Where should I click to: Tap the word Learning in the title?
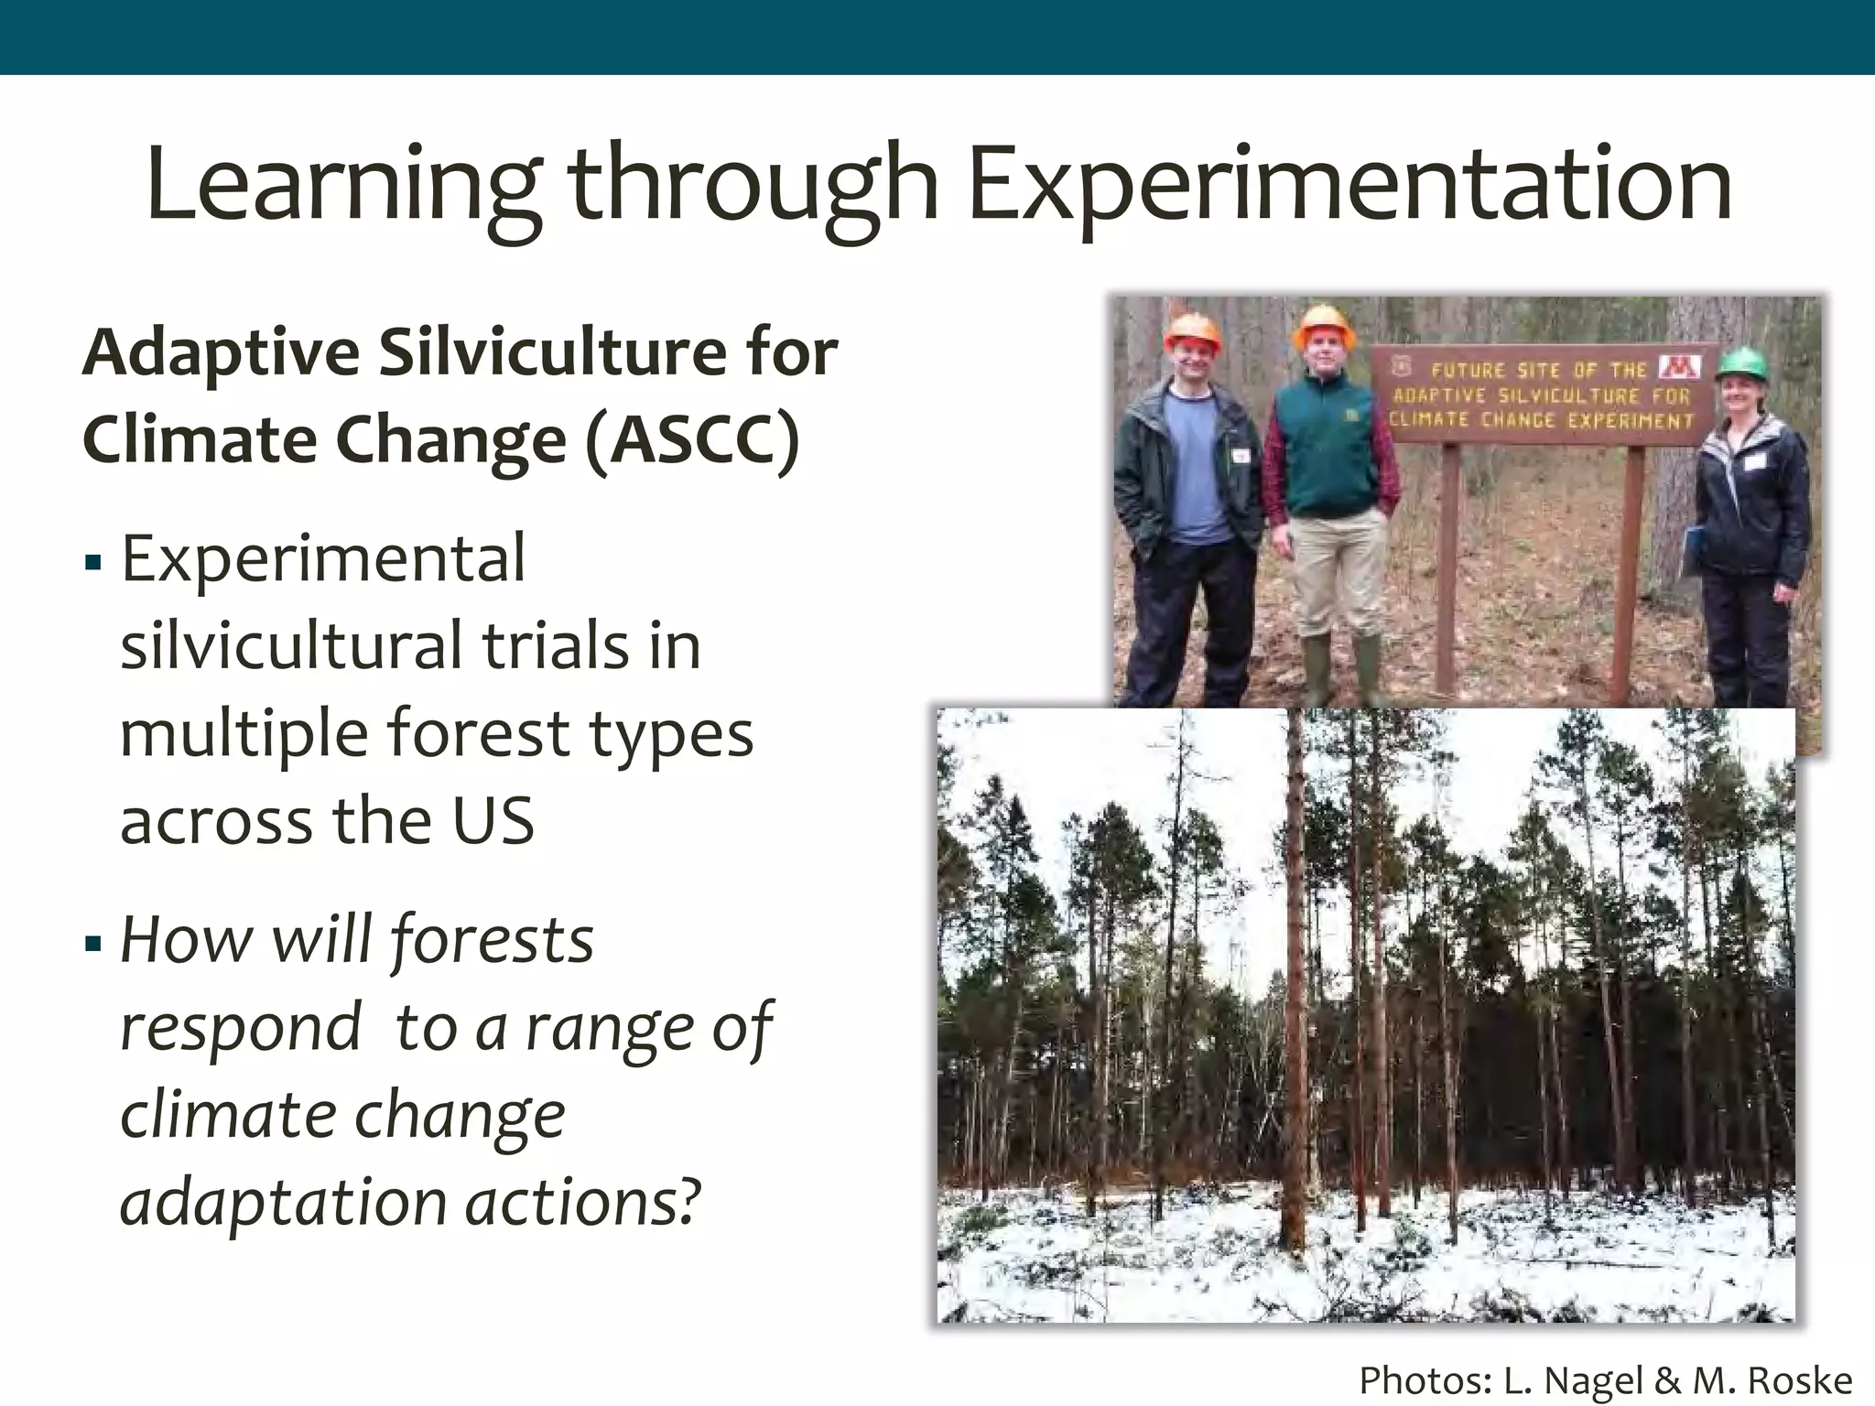[x=343, y=185]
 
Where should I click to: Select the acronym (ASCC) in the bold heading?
[x=693, y=440]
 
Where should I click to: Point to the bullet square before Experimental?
[x=92, y=561]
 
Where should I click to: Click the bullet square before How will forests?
[x=92, y=943]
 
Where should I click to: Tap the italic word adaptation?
[x=283, y=1202]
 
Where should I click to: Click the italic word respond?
[x=241, y=1028]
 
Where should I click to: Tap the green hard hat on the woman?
[x=1742, y=363]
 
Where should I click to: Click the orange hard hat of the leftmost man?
[x=1193, y=332]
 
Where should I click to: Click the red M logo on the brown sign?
[x=1680, y=366]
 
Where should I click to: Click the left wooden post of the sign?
[x=1448, y=568]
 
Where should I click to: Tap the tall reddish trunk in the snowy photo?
[x=1294, y=989]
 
